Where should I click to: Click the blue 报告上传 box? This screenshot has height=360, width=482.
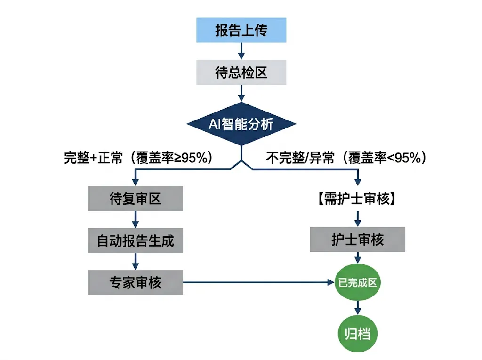(x=241, y=30)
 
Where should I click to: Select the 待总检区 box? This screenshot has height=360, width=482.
(x=241, y=72)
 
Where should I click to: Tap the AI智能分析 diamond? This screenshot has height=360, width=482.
(x=241, y=124)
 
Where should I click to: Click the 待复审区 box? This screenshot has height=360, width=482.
(x=135, y=199)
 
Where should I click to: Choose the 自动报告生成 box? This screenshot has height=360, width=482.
(x=135, y=240)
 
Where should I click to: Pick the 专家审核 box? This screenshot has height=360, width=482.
(x=135, y=282)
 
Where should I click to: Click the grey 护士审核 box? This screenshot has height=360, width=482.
(x=357, y=240)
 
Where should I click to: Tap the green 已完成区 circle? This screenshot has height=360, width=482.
(x=357, y=282)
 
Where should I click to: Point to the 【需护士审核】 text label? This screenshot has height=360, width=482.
(x=357, y=199)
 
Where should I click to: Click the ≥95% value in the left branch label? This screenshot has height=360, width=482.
(x=191, y=158)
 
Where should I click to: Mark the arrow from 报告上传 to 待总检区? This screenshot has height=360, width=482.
(x=241, y=51)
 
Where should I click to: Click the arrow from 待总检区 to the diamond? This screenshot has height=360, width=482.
(x=241, y=93)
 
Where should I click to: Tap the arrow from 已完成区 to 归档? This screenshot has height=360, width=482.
(x=357, y=308)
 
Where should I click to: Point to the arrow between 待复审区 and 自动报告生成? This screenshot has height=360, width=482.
(x=135, y=219)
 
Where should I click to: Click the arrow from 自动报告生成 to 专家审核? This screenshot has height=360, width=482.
(x=135, y=261)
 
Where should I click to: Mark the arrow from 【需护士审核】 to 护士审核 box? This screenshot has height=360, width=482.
(x=357, y=218)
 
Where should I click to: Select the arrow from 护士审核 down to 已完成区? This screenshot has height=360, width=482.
(x=357, y=257)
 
